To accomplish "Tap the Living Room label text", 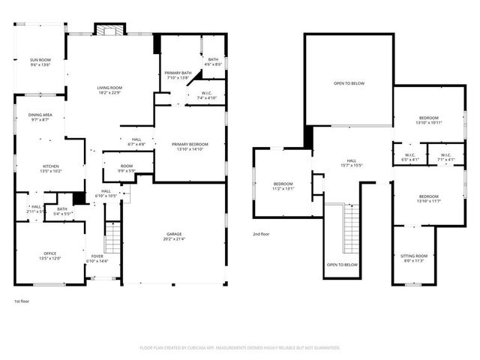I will click(109, 88).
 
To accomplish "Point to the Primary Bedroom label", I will click(190, 144).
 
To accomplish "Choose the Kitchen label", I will click(51, 166).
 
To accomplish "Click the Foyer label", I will click(98, 256).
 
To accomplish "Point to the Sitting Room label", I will click(413, 256).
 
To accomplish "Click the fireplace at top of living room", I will click(105, 30).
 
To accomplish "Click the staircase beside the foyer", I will click(112, 238).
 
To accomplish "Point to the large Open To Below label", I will click(349, 83).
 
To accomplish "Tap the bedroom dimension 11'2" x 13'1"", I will click(283, 189).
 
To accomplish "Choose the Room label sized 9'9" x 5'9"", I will click(126, 166).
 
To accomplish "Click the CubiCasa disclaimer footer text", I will click(240, 348).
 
